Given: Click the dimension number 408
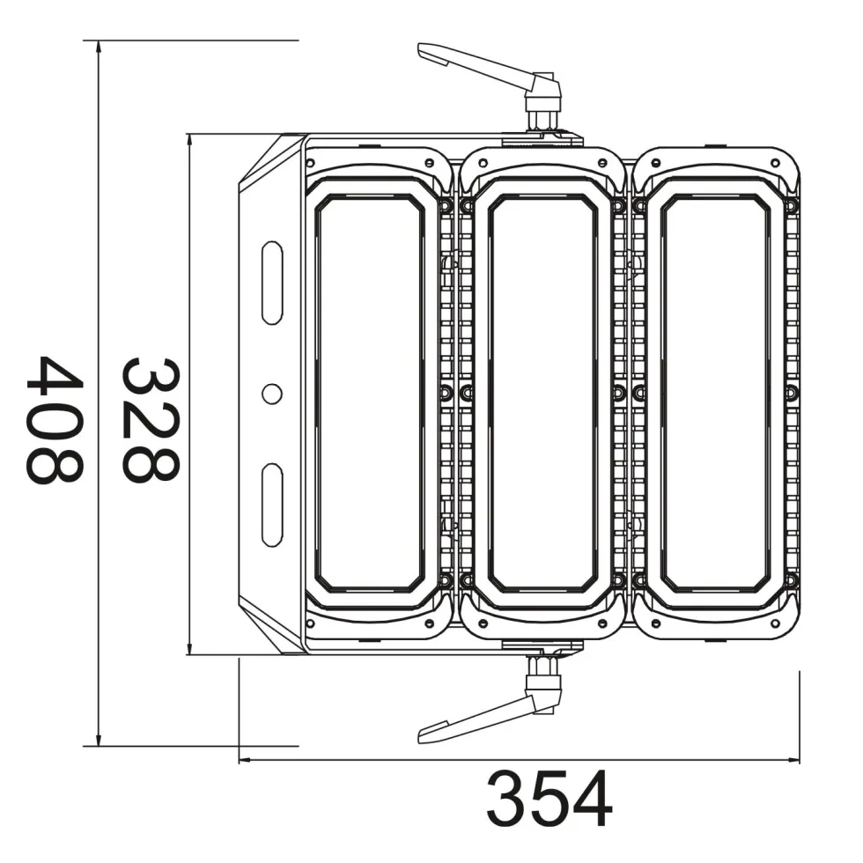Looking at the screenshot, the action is [x=54, y=421].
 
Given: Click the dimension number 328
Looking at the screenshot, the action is [x=150, y=421].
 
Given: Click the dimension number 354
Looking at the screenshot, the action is [x=550, y=799].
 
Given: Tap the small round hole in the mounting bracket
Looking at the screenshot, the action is [x=272, y=394].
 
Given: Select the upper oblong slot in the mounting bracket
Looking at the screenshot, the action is [x=272, y=283].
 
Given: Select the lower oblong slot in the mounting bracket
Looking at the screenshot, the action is [x=272, y=505].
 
